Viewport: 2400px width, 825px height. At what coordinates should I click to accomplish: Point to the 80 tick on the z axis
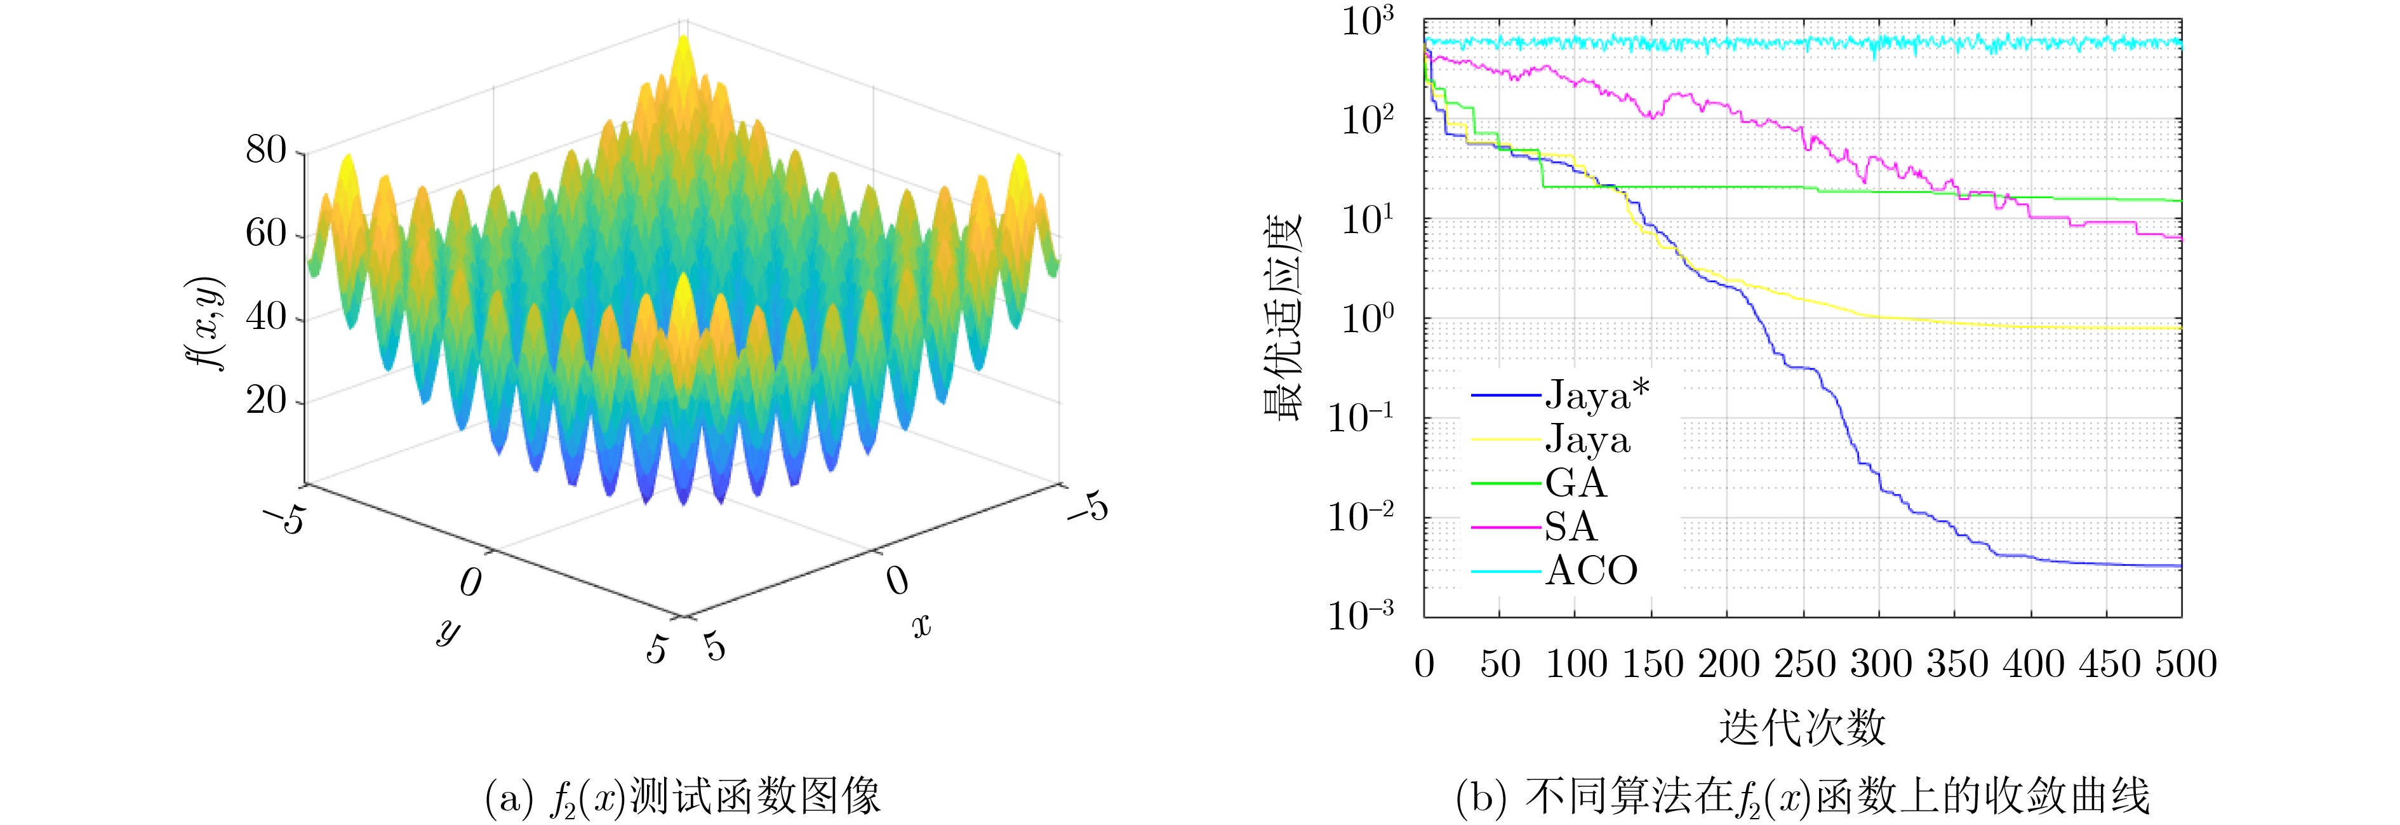[x=267, y=150]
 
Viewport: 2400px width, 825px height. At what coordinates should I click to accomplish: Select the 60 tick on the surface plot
[x=267, y=234]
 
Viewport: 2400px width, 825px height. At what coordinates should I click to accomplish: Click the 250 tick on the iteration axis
[x=1804, y=664]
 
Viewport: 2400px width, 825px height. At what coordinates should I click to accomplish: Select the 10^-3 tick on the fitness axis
[x=1362, y=616]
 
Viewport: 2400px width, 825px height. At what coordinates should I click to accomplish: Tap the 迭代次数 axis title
[x=1802, y=728]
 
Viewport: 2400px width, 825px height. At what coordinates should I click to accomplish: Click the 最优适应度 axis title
[x=1283, y=319]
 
